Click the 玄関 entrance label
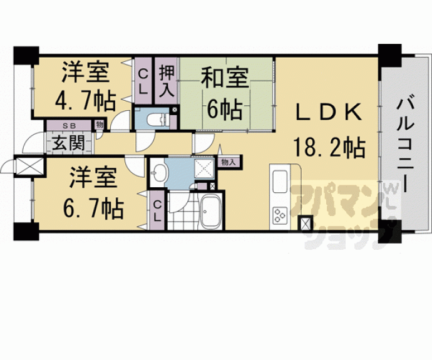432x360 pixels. tap(68, 142)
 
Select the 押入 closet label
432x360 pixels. tap(166, 81)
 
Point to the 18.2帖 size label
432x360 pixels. tap(327, 148)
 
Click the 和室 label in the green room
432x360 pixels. tap(224, 79)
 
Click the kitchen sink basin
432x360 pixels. tap(279, 181)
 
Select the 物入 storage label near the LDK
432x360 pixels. tap(229, 162)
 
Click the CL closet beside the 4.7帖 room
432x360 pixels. tap(143, 81)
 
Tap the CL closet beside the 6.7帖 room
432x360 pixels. tap(157, 211)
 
